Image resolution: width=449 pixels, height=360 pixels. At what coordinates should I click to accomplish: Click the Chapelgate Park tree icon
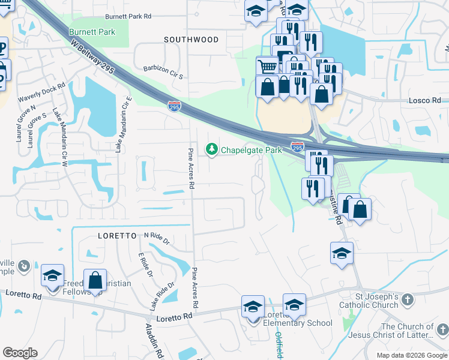[x=211, y=149]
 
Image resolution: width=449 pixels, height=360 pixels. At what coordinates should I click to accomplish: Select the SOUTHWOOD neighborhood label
[x=191, y=40]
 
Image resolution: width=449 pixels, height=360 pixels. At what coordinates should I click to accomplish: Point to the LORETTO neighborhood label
[x=118, y=236]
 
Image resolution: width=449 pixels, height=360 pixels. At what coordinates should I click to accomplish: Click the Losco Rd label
[x=424, y=101]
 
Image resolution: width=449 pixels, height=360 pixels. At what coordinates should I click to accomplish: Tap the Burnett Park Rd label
[x=128, y=17]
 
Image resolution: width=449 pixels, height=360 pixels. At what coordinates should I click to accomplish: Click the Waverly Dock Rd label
[x=41, y=92]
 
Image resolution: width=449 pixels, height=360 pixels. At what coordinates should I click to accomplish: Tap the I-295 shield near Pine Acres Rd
[x=174, y=106]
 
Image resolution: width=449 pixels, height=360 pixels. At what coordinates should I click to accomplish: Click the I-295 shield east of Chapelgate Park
[x=297, y=146]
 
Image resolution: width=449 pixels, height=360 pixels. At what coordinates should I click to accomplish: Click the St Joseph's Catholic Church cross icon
[x=408, y=299]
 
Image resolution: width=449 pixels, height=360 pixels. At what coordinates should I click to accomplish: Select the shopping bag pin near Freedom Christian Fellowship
[x=95, y=280]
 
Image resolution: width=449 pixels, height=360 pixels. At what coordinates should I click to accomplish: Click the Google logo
[x=20, y=353]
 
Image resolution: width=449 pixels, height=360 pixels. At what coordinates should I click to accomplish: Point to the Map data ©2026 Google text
[x=411, y=355]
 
